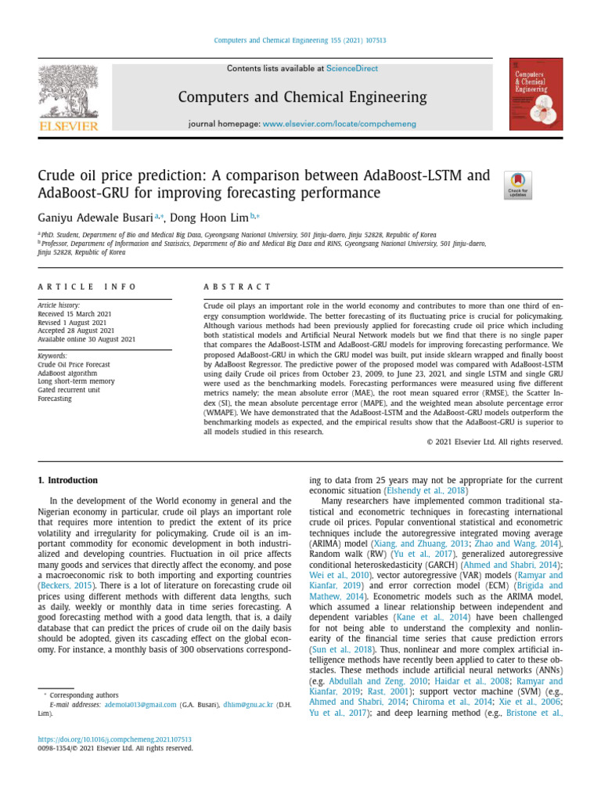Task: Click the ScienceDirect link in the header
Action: (352, 69)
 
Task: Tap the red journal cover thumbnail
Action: (535, 94)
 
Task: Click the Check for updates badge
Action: (518, 185)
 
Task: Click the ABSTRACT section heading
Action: (237, 287)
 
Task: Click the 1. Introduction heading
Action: (68, 480)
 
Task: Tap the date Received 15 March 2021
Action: (75, 314)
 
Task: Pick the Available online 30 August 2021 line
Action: (87, 339)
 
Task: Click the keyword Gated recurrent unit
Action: (69, 390)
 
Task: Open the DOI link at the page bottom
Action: (114, 739)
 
